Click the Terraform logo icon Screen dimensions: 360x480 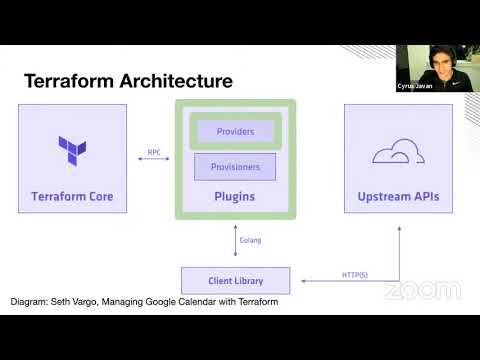pyautogui.click(x=72, y=150)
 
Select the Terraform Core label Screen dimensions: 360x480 pyautogui.click(x=72, y=196)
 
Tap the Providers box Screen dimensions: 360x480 pyautogui.click(x=235, y=131)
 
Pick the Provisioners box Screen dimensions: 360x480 pyautogui.click(x=235, y=167)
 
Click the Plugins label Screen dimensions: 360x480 pyautogui.click(x=235, y=196)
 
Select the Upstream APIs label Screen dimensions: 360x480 pyautogui.click(x=398, y=196)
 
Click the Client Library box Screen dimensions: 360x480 pyautogui.click(x=235, y=281)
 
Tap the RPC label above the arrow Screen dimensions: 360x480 pyautogui.click(x=154, y=152)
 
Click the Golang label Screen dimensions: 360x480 pyautogui.click(x=251, y=241)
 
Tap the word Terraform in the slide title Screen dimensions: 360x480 pyautogui.click(x=68, y=80)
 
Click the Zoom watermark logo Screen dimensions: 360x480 pyautogui.click(x=422, y=291)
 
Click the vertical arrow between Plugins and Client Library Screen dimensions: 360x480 pyautogui.click(x=235, y=241)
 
